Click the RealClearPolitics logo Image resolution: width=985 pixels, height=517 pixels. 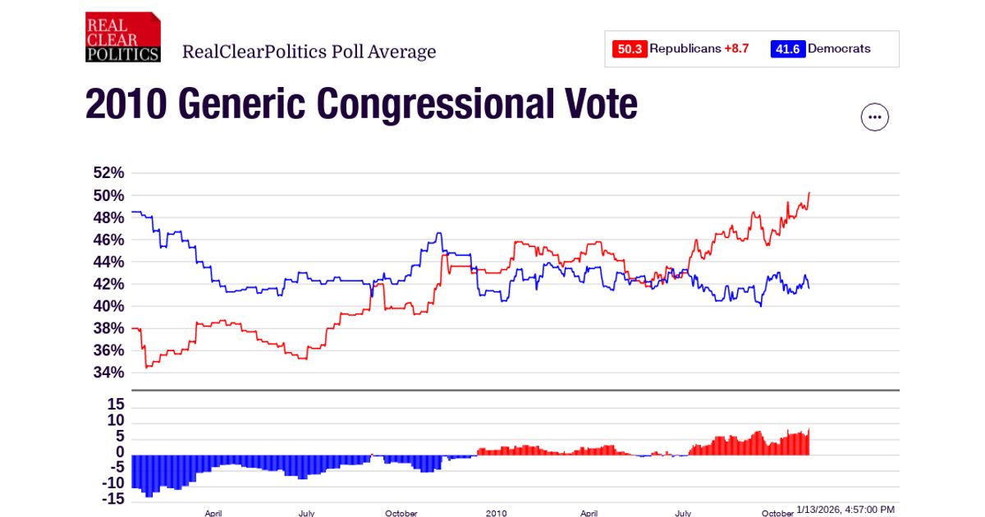tap(122, 37)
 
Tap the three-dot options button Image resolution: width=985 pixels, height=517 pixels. tap(874, 117)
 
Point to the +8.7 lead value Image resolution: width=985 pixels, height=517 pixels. tap(736, 49)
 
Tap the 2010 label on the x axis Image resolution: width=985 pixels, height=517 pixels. tap(496, 513)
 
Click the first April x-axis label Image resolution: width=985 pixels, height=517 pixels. tap(213, 513)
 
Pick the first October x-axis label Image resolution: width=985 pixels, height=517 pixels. tap(401, 513)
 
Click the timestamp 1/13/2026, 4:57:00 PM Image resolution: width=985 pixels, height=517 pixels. tap(845, 510)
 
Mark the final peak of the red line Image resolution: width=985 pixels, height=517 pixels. tap(809, 193)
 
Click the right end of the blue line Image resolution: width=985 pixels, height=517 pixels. tap(809, 287)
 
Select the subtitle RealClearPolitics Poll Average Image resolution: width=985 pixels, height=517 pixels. tap(309, 53)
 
